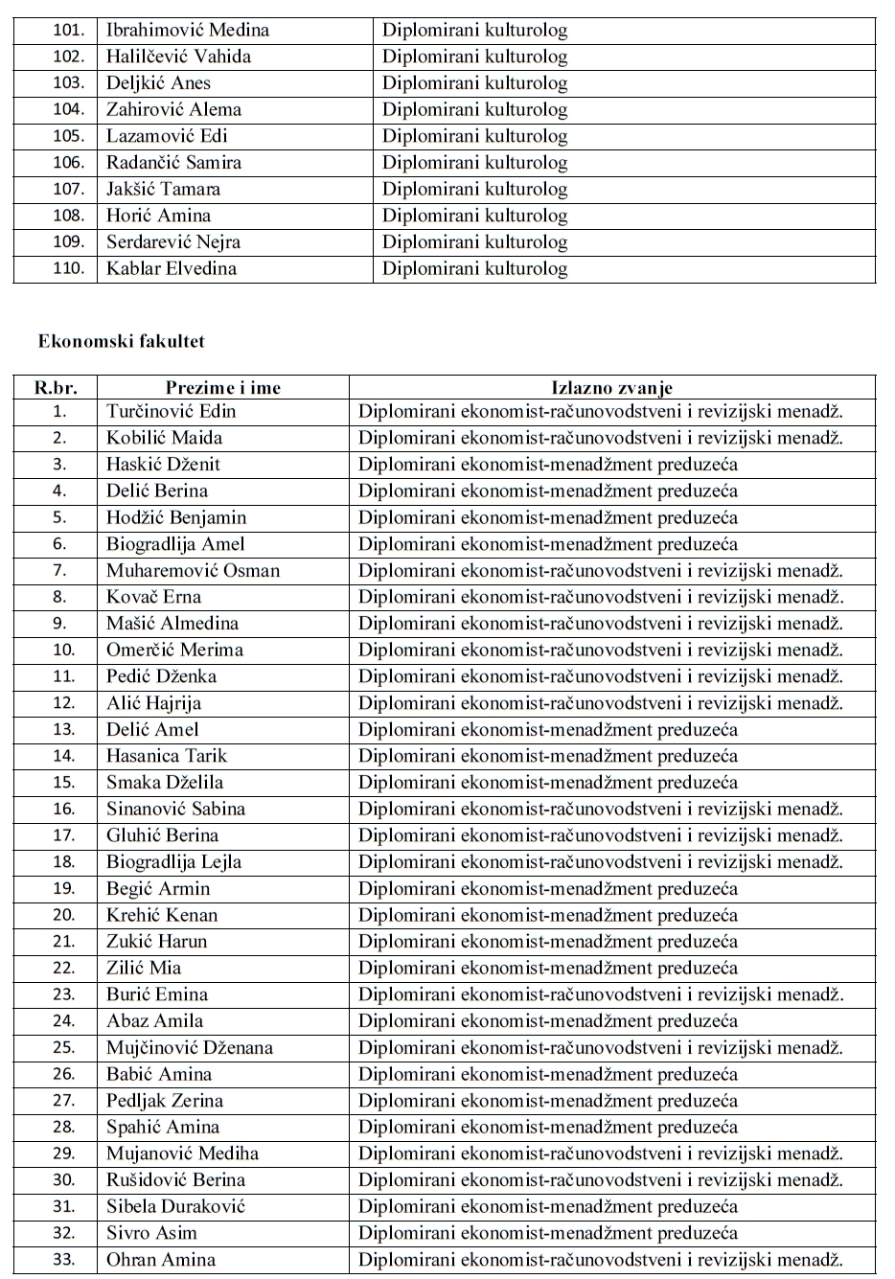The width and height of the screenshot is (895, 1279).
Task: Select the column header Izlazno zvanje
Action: (x=611, y=388)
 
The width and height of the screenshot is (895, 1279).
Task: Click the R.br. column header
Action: (x=56, y=388)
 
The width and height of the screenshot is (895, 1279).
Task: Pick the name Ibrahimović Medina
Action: (x=188, y=30)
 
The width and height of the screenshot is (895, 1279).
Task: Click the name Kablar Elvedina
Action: (x=171, y=268)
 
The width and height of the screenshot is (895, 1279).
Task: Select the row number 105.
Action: (x=68, y=136)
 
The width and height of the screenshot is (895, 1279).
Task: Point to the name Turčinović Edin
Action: (x=171, y=412)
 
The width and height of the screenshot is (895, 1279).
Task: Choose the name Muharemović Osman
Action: (x=193, y=571)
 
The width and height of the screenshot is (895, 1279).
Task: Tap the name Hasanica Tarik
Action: (x=167, y=756)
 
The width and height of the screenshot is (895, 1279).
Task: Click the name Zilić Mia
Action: (x=144, y=968)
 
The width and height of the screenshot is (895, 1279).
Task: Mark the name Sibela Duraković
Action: (x=175, y=1206)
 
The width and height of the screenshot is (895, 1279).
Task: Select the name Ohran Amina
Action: (x=161, y=1260)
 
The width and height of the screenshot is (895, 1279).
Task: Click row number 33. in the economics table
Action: (x=63, y=1260)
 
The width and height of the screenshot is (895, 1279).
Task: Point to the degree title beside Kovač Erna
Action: (x=601, y=597)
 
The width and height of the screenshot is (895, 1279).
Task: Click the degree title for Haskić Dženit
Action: (x=548, y=465)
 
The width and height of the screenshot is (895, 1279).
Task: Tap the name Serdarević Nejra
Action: (x=173, y=242)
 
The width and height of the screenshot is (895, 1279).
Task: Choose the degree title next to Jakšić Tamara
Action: (x=474, y=190)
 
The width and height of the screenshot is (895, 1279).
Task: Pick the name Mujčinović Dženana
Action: (x=190, y=1047)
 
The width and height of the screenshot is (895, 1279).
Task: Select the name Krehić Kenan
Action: (x=162, y=915)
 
